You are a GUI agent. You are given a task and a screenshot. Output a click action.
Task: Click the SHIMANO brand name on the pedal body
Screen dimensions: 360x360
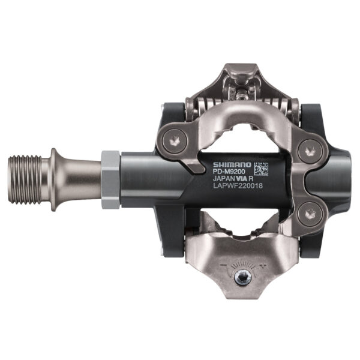click(231, 163)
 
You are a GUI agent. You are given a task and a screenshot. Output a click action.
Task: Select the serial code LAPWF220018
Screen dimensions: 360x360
click(237, 186)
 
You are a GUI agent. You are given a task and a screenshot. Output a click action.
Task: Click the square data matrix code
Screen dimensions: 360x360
click(260, 169)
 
